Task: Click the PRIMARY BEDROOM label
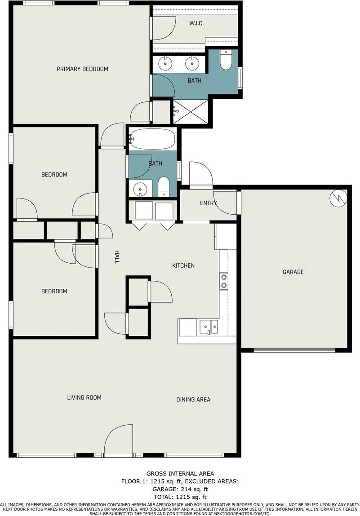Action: click(82, 69)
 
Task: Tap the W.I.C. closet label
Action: click(196, 23)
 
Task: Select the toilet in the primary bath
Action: click(226, 60)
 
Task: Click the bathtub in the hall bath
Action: click(152, 139)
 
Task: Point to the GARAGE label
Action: click(293, 272)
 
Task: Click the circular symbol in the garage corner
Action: click(338, 198)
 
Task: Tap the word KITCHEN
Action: click(183, 265)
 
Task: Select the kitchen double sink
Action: click(208, 327)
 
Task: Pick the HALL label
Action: click(116, 257)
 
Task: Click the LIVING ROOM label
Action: click(84, 397)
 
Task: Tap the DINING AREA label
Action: click(193, 400)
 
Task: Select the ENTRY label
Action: click(208, 203)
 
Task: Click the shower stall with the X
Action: click(191, 112)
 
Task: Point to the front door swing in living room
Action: click(118, 439)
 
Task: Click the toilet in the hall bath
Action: click(163, 187)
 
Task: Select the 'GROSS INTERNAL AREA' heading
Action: click(180, 473)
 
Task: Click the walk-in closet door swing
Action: click(164, 28)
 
